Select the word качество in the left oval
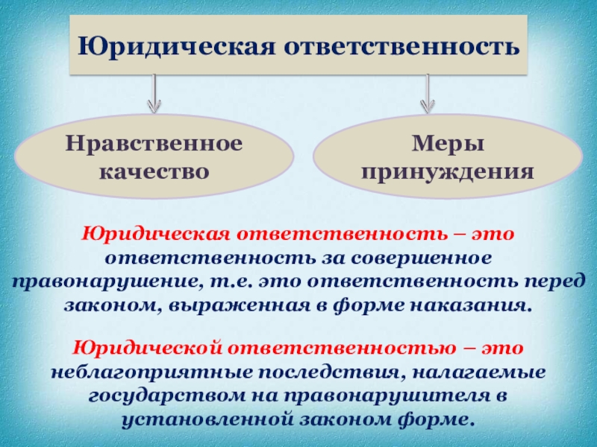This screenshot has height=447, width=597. (153, 172)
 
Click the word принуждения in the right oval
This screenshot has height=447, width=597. (446, 172)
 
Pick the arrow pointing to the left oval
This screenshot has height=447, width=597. (153, 92)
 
